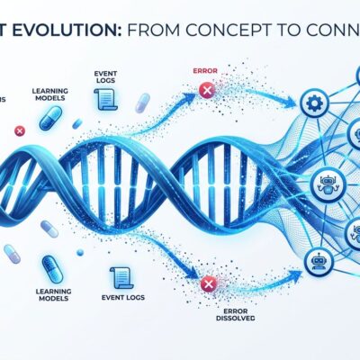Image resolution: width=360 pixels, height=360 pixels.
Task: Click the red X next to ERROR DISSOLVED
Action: click(x=207, y=284)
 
